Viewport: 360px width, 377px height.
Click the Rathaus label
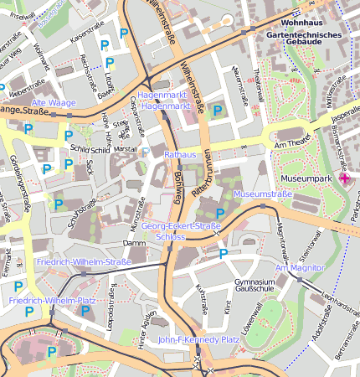point(179,155)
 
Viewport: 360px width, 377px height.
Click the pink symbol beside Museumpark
point(344,178)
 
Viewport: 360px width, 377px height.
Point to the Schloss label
point(170,237)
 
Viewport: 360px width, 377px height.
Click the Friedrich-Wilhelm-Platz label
point(52,299)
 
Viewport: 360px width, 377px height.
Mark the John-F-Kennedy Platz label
point(199,340)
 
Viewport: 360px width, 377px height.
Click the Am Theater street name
point(293,147)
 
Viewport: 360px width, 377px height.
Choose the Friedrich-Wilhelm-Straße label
point(84,262)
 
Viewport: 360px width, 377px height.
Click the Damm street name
point(133,243)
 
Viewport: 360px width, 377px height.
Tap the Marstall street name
point(124,149)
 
